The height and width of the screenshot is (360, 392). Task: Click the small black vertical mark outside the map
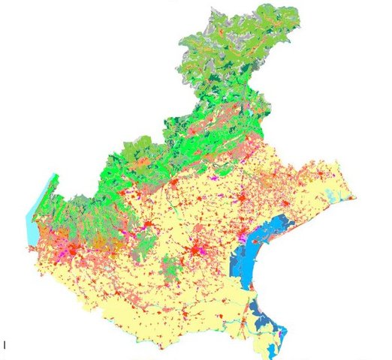[x=5, y=345]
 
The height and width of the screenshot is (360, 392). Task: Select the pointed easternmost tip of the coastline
[x=354, y=198]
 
